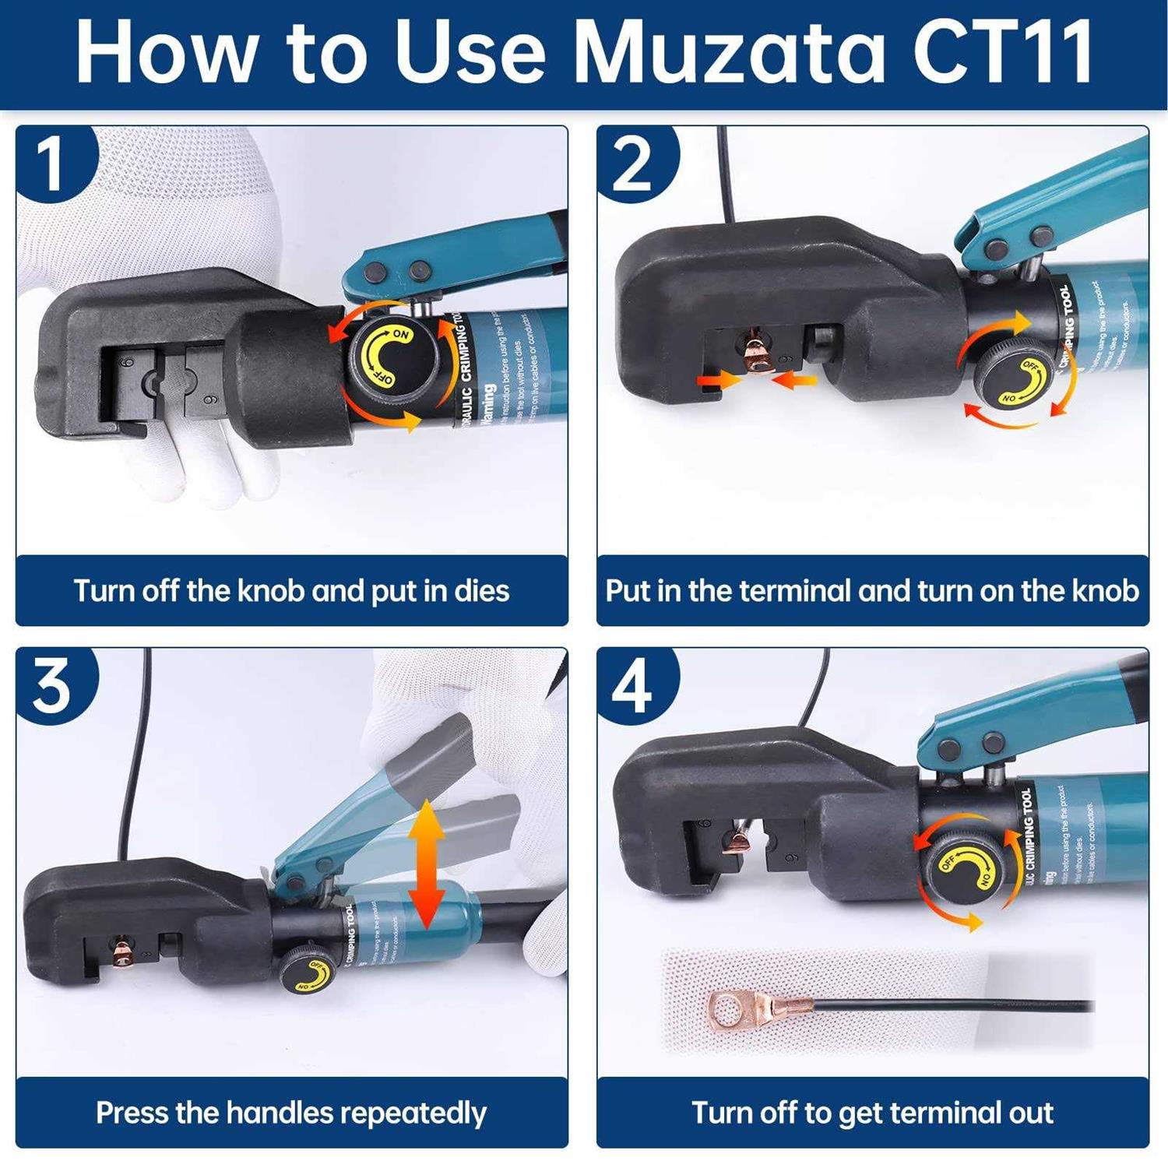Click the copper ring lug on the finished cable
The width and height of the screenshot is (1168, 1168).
tap(732, 1011)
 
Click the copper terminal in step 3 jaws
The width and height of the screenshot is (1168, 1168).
tap(121, 952)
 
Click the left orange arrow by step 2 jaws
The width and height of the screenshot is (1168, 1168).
tap(718, 380)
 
